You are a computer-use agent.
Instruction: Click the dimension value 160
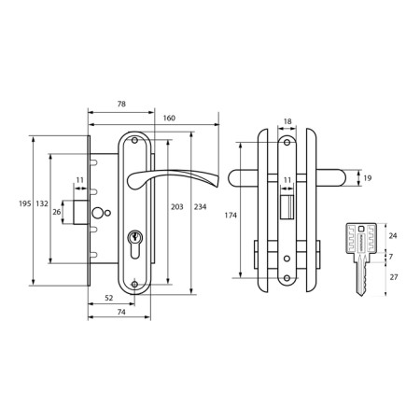pos(169,118)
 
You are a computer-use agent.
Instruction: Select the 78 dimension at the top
pos(121,104)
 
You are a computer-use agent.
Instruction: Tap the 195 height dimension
pos(25,203)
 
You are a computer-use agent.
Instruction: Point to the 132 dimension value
pos(42,203)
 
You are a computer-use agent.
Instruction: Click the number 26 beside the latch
pos(57,212)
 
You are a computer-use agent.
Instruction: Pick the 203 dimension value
pos(177,207)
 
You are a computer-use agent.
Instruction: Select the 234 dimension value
pos(200,207)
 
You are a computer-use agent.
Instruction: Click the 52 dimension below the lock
pos(108,298)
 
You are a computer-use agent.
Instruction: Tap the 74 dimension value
pos(121,312)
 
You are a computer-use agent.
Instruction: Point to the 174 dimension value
pos(231,215)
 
